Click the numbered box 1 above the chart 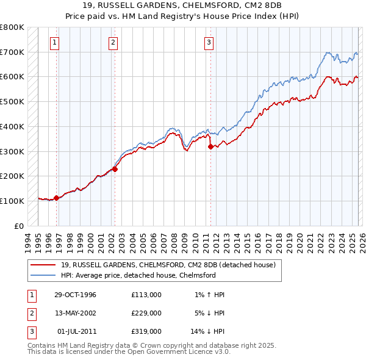pos(55,42)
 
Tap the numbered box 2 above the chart pos(113,42)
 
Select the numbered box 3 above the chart pos(209,42)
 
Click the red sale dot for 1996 pos(56,198)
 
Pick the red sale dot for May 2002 pos(115,169)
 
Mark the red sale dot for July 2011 pos(210,146)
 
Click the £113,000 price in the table pos(146,295)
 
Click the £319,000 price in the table pos(146,331)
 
